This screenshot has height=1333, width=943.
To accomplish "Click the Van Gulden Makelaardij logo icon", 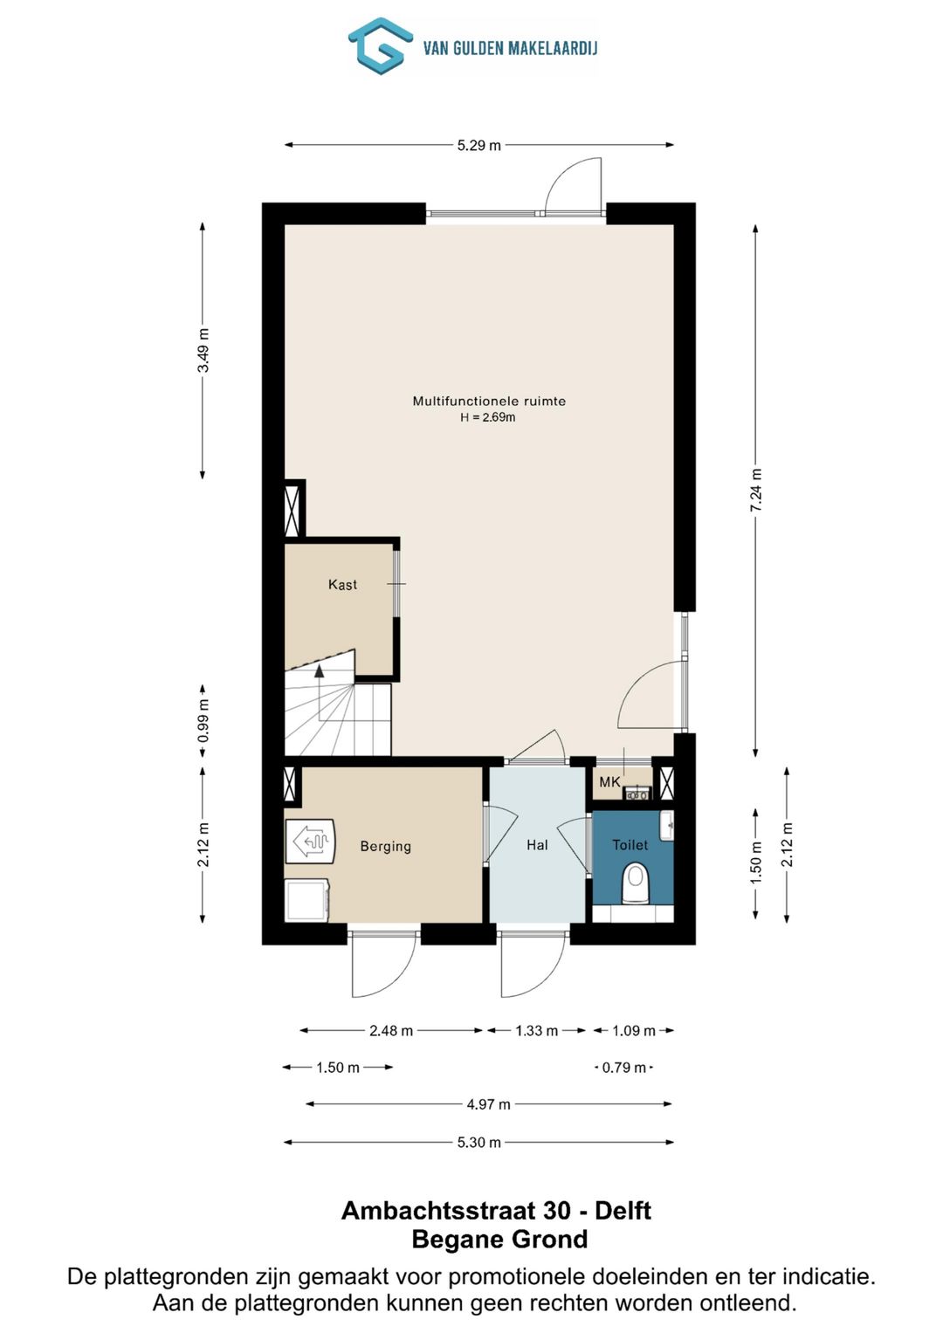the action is coord(381,45).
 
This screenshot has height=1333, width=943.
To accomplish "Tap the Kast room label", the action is coord(342,584).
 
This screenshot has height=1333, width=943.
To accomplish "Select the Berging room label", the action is coord(385,846).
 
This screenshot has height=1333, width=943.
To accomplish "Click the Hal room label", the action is coord(537,845).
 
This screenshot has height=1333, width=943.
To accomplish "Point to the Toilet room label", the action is coord(630,844).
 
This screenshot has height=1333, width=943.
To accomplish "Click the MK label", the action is coord(609,782).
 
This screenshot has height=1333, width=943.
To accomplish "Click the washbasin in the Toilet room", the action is coord(666,826).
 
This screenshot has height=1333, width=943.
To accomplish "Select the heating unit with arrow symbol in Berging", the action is coord(310,842).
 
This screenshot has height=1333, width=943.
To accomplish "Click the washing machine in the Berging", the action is coord(306,900).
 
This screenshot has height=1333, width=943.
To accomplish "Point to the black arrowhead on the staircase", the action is coord(319,671).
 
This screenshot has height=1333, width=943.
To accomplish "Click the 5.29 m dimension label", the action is coord(479,145).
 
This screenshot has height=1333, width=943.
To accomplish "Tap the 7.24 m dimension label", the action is coord(756,491).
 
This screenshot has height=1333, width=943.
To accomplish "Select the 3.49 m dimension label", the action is coord(203,350).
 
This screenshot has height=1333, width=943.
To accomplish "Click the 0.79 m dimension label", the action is coord(624,1068).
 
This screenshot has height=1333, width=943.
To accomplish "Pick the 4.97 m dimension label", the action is coord(488,1104).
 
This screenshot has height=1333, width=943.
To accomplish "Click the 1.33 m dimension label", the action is coord(536,1031).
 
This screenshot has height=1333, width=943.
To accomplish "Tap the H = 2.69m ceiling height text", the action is coord(487,417).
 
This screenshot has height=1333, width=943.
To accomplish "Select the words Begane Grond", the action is coord(500,1240).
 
